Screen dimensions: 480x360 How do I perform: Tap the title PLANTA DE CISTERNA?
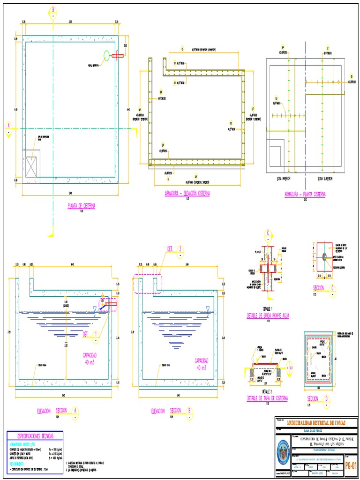coord(82,205)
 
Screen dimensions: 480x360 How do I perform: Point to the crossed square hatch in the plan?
coord(32,166)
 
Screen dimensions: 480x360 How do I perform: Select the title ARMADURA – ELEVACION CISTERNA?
coord(187,194)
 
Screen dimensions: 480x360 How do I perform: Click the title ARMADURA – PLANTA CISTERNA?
coord(305,194)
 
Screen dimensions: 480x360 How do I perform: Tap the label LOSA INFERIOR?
coord(283,179)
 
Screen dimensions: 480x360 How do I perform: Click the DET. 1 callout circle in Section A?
coord(96,334)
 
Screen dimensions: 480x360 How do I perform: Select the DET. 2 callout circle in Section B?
coord(180,249)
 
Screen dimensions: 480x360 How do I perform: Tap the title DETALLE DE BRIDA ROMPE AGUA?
coord(268,316)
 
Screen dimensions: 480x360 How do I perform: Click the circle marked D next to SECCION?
coord(327,399)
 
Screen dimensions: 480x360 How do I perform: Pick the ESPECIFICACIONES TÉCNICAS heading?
coord(35,436)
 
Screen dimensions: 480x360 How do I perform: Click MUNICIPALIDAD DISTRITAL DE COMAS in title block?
coord(316,422)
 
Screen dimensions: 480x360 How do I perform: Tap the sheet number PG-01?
coord(351,465)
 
